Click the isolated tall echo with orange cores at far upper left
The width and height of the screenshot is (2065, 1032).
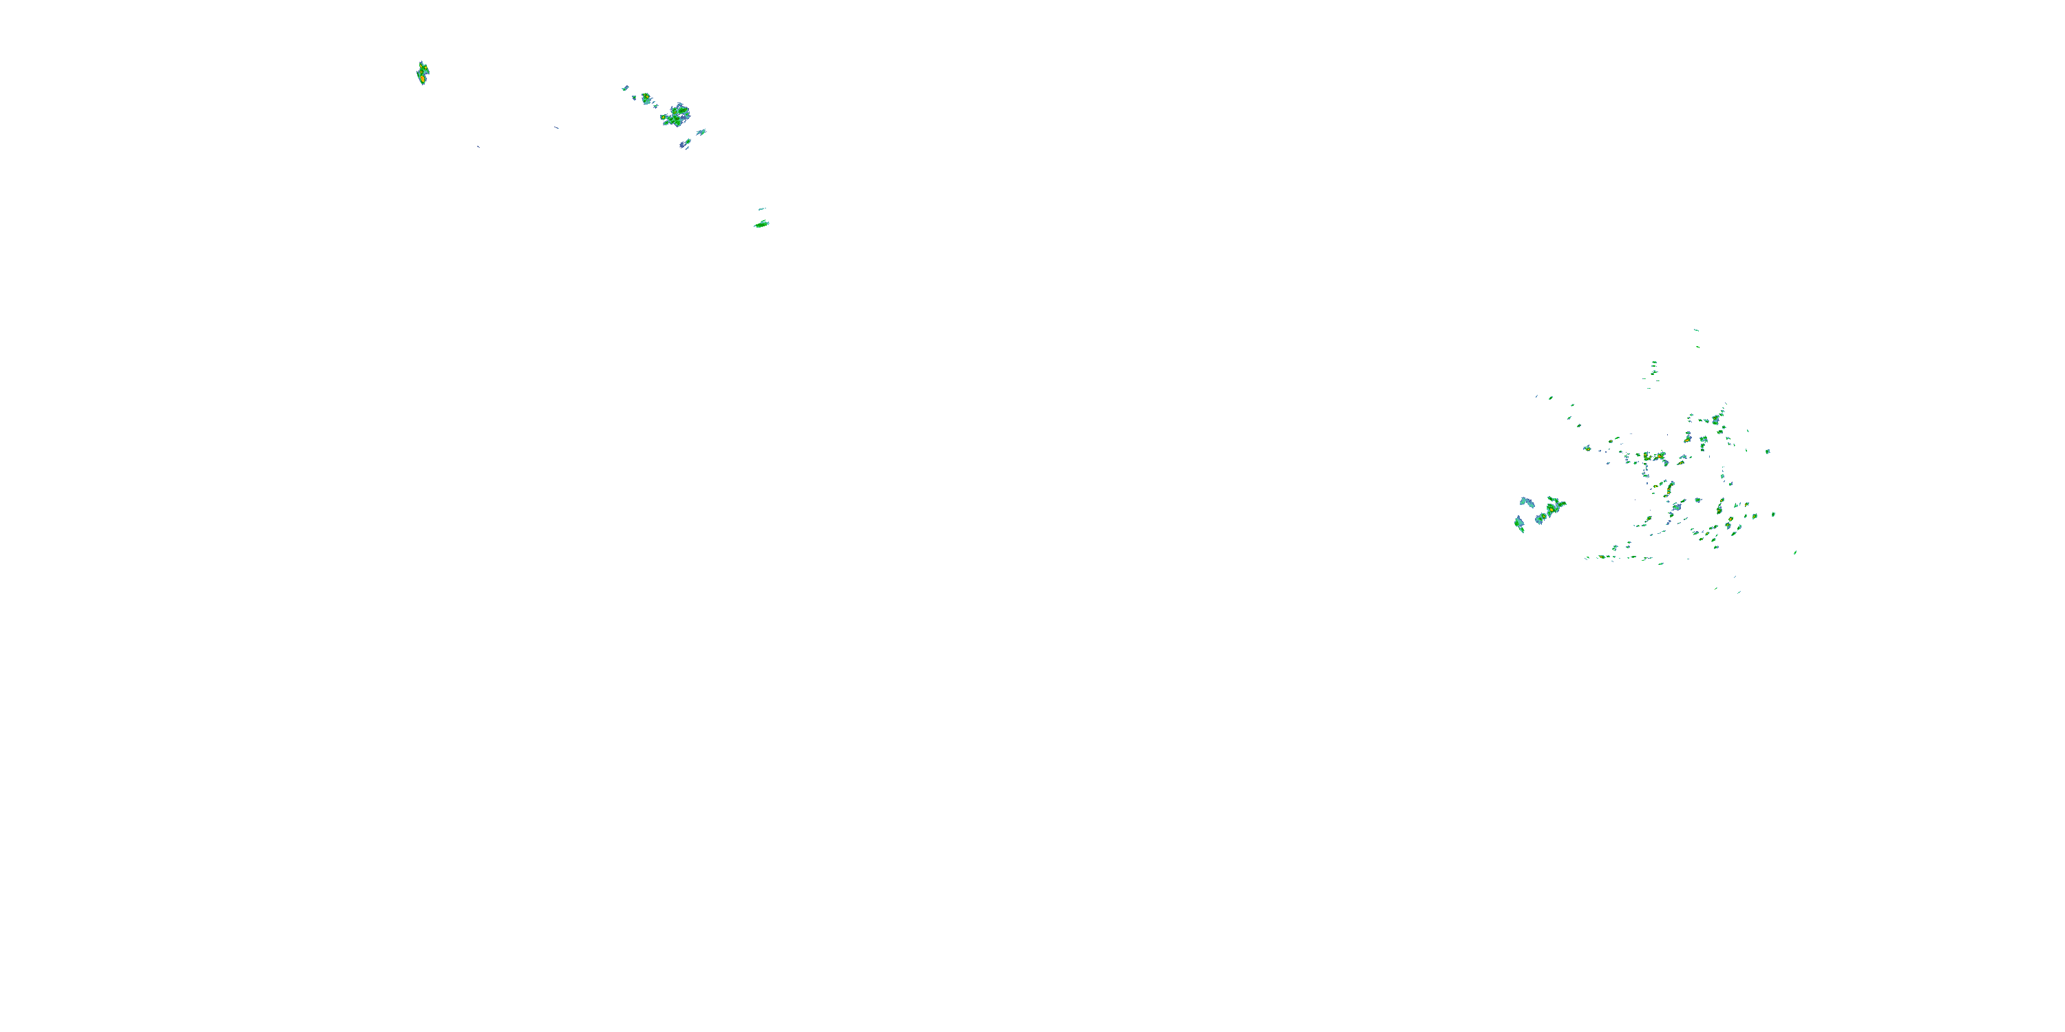pos(423,74)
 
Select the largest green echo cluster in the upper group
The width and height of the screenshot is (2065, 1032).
pos(676,116)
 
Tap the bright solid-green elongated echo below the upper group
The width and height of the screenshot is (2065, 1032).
pos(761,224)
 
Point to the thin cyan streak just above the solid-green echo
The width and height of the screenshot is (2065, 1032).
pos(761,209)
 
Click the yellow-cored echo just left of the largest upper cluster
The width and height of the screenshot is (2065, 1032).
pos(646,98)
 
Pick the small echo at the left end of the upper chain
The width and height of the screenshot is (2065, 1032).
pos(625,88)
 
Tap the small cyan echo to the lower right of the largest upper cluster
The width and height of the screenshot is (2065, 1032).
pos(701,132)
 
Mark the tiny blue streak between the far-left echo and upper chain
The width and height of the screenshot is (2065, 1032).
pos(556,127)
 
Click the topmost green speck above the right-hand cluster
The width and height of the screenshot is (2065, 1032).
pos(1695,330)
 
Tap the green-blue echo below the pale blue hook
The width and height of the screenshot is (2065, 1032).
pos(1519,524)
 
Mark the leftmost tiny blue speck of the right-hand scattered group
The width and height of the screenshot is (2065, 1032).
pos(1537,396)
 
